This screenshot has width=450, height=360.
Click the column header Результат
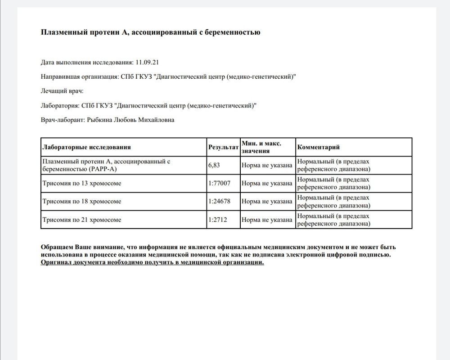pyautogui.click(x=223, y=147)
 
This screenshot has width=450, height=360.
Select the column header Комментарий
pyautogui.click(x=318, y=147)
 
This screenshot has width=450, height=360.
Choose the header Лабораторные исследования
pyautogui.click(x=86, y=147)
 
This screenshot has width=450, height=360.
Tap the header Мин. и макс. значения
pyautogui.click(x=261, y=147)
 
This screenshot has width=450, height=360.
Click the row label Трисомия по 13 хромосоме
pyautogui.click(x=81, y=184)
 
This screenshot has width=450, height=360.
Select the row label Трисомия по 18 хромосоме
pyautogui.click(x=81, y=202)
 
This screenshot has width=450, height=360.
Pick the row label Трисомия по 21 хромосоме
pyautogui.click(x=81, y=220)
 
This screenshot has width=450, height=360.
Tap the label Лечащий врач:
pyautogui.click(x=62, y=91)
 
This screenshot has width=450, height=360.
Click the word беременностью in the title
pyautogui.click(x=234, y=32)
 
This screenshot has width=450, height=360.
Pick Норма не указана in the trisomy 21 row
pyautogui.click(x=267, y=220)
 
